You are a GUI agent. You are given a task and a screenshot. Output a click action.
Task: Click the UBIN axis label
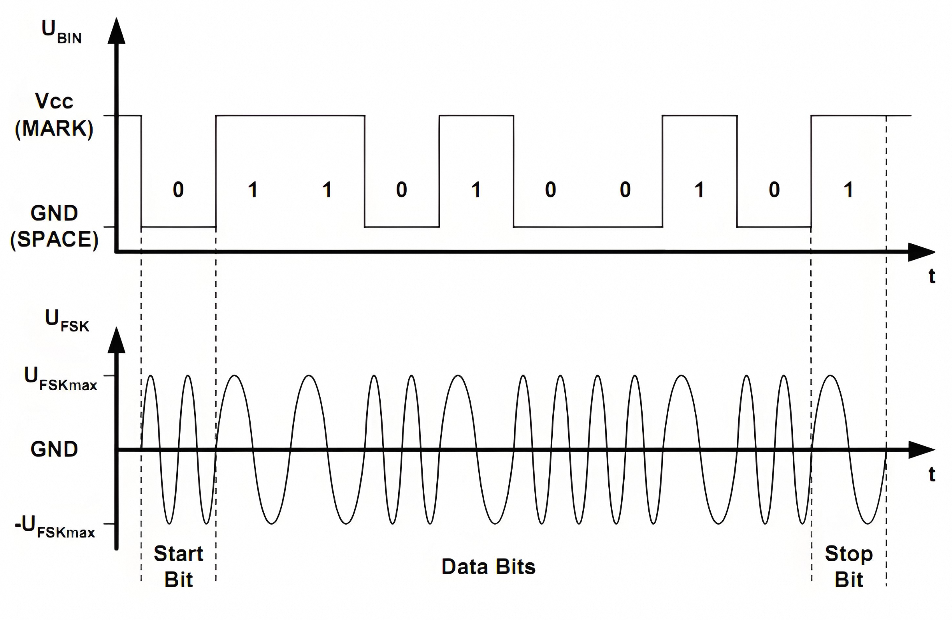pos(61,32)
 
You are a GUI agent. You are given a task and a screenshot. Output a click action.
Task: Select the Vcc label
pos(54,101)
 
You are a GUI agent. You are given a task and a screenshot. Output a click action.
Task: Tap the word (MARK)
pos(54,129)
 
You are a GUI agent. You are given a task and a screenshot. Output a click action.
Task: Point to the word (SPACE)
pos(54,240)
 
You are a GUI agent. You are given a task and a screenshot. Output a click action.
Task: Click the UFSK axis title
pos(67,320)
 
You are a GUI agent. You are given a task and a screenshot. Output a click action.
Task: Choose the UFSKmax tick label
pos(60,379)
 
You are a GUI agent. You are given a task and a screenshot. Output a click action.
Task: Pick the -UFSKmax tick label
pos(55,527)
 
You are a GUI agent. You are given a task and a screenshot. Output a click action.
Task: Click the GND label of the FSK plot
pos(54,449)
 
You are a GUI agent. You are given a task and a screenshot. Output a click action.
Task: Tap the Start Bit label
pos(178,566)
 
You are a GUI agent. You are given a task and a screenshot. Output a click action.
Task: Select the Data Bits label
pos(488,567)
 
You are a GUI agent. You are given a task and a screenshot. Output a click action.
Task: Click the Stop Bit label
pos(848,566)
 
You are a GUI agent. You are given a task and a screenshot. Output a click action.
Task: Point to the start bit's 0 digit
pos(178,189)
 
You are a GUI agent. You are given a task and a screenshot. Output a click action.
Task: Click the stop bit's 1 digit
pos(848,189)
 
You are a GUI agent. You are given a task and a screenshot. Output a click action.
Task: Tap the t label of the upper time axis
pos(932,276)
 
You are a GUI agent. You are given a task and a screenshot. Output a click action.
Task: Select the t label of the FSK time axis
pos(932,474)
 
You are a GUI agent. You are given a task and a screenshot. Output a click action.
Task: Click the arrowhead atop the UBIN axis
pos(116,31)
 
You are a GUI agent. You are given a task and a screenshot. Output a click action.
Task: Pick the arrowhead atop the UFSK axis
pos(116,341)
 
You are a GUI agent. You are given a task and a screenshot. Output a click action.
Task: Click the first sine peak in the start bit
pos(150,376)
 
